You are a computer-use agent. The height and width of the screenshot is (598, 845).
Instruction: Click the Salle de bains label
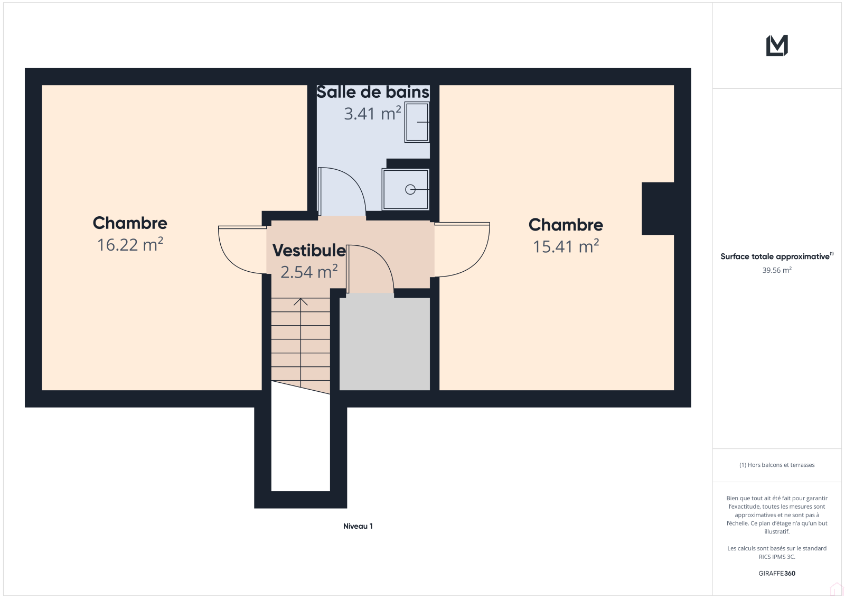(x=373, y=92)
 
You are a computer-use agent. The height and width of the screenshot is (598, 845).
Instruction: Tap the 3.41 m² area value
(x=372, y=113)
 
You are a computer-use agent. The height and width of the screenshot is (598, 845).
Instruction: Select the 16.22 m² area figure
(x=130, y=244)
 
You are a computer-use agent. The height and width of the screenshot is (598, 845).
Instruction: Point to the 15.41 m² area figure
(x=566, y=246)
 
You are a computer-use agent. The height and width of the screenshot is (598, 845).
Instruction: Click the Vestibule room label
(x=309, y=250)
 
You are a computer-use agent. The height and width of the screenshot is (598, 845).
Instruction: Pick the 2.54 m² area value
(x=309, y=272)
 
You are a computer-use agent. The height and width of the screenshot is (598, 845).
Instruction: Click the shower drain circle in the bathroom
(x=410, y=189)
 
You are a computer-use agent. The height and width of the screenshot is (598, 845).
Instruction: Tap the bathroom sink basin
(x=417, y=122)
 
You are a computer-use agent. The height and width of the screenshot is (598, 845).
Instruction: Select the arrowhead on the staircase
(x=301, y=301)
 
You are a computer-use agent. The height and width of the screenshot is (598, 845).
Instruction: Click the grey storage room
(x=385, y=344)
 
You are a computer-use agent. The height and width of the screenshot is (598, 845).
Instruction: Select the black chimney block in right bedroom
(x=658, y=208)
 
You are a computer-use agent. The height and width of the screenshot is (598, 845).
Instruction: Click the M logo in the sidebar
(x=777, y=45)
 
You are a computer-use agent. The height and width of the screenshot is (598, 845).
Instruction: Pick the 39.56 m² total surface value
(x=777, y=270)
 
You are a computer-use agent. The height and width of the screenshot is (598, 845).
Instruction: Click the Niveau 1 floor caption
(x=358, y=526)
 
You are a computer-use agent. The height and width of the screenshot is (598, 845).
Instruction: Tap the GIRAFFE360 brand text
(x=777, y=573)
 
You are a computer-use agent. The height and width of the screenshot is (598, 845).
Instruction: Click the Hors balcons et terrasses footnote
(x=777, y=465)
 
